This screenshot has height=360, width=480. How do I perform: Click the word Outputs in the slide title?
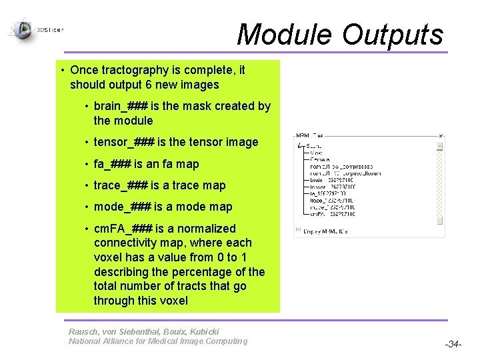click(x=393, y=35)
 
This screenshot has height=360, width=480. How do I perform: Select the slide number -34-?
click(x=453, y=344)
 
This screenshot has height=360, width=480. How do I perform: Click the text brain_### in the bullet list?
click(x=121, y=106)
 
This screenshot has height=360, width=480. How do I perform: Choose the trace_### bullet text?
click(x=121, y=185)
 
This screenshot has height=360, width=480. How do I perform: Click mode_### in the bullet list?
click(x=122, y=207)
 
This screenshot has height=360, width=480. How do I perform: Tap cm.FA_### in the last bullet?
click(x=123, y=229)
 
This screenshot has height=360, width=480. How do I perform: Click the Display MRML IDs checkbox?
click(x=297, y=231)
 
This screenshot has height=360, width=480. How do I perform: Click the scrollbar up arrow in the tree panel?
click(x=440, y=145)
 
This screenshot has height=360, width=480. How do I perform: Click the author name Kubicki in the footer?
click(x=200, y=331)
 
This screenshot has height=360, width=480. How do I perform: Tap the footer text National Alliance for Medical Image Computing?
click(x=157, y=341)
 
